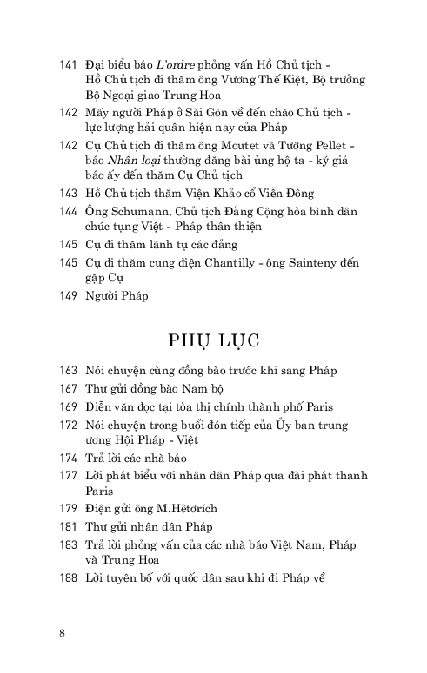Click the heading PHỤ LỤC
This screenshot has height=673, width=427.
pos(213,335)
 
